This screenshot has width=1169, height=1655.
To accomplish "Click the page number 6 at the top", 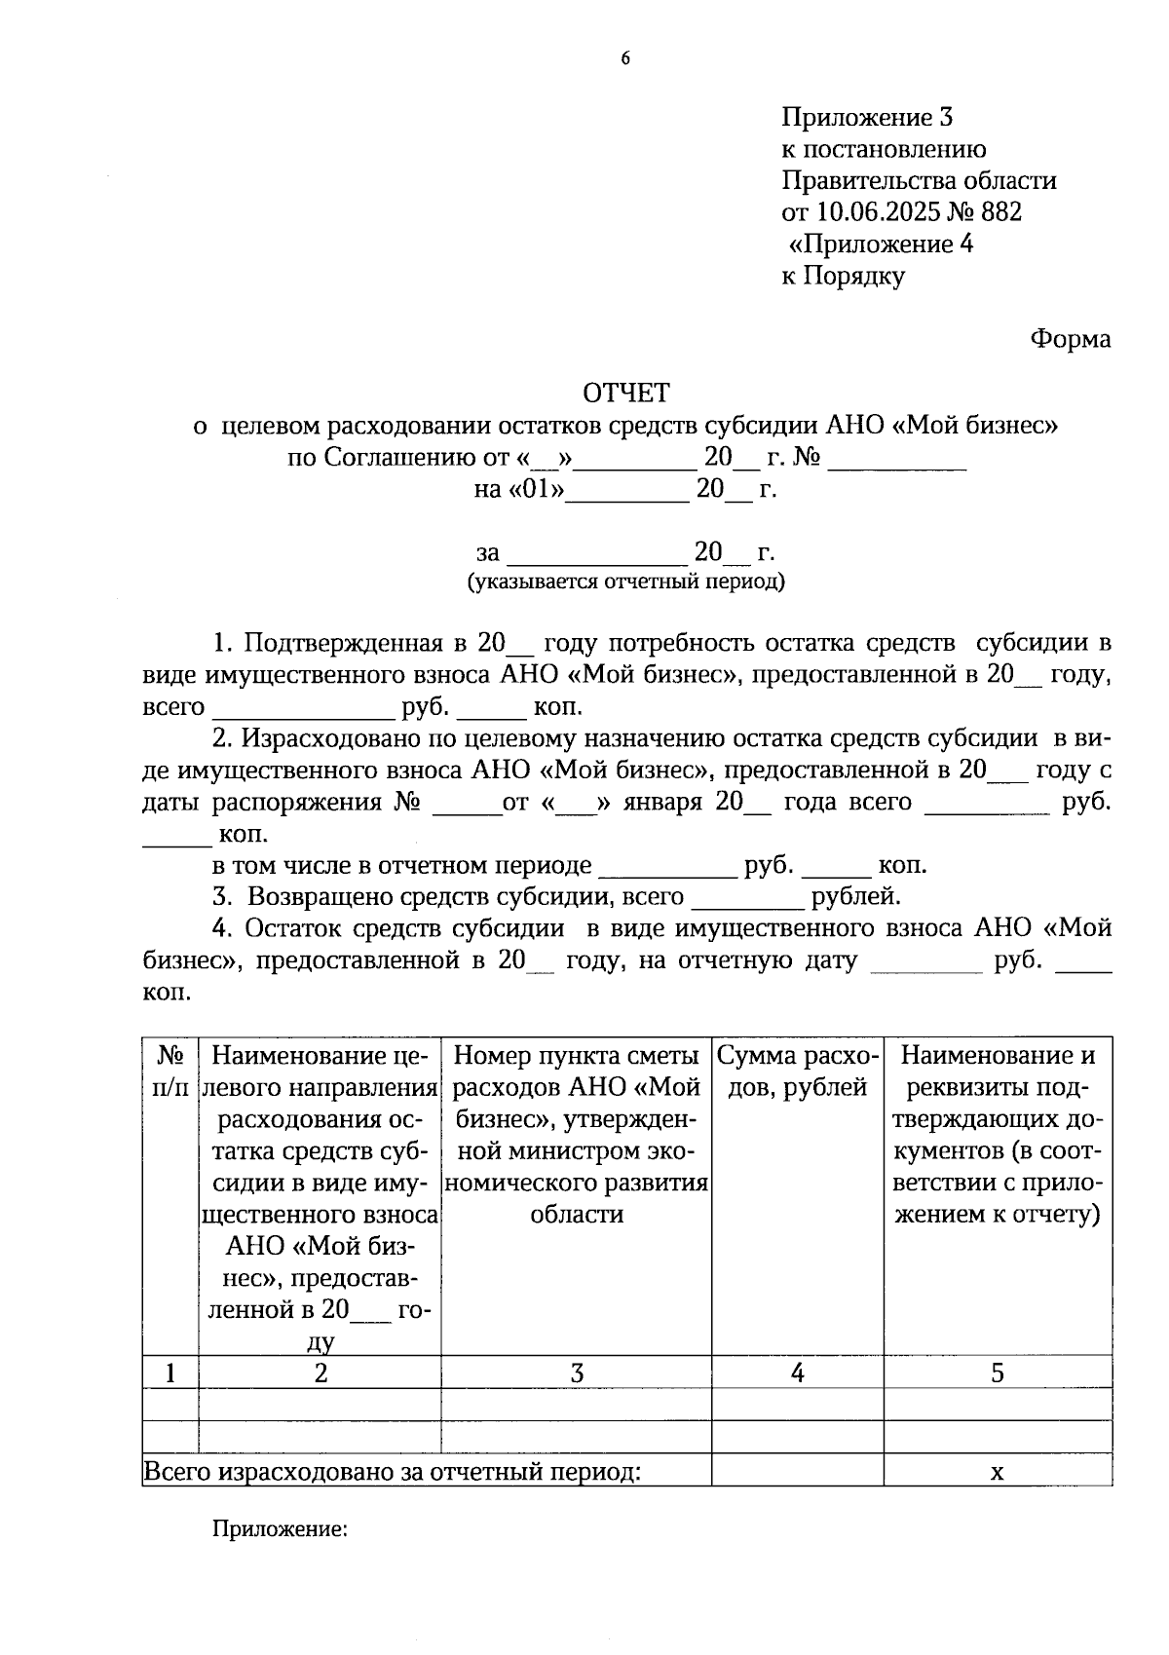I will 625,58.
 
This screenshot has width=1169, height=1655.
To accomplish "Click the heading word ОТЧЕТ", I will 626,393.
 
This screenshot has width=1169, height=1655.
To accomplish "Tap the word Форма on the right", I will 1070,339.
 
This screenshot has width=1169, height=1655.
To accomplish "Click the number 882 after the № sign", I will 1001,212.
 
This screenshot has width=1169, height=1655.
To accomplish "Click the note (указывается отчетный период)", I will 626,583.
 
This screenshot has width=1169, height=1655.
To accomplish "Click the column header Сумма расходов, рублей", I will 797,1072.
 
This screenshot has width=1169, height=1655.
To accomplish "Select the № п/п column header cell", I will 170,1072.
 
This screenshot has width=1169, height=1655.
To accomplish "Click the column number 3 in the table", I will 577,1373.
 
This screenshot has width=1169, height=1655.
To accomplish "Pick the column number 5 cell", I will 997,1373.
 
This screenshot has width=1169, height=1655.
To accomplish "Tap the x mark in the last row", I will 997,1472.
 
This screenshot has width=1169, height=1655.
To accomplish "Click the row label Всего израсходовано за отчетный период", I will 393,1472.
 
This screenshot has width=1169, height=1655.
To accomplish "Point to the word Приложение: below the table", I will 281,1529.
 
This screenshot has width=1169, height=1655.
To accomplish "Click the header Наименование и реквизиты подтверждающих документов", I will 998,1135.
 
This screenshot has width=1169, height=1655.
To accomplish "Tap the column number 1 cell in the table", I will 170,1373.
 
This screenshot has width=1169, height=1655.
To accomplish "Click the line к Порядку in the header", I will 844,276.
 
